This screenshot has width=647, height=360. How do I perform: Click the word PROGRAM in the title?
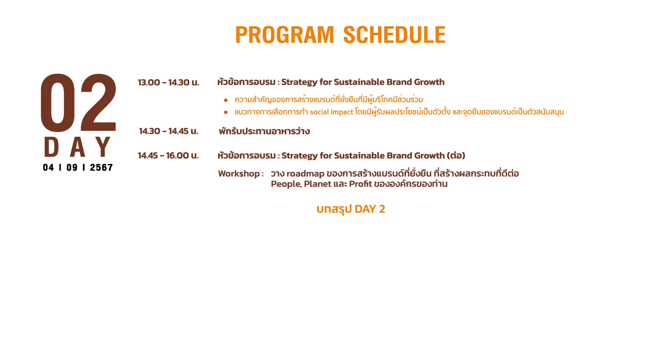click(285, 35)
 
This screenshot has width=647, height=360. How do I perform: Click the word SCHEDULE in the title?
click(394, 35)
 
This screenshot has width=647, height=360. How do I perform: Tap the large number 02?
click(78, 103)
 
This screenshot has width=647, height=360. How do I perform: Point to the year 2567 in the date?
click(101, 167)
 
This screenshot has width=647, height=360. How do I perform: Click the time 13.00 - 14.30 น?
click(168, 82)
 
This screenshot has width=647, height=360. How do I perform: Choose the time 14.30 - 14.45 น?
click(168, 131)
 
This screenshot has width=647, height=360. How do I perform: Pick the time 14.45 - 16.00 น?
click(168, 155)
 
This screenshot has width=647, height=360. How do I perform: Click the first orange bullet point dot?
click(226, 100)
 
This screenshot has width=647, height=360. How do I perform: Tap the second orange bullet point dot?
click(226, 112)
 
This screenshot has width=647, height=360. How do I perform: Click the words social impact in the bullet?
click(331, 112)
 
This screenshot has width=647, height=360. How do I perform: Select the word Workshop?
click(239, 174)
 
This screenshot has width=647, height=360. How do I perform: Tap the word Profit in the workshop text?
click(360, 184)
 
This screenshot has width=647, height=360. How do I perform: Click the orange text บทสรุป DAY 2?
click(351, 209)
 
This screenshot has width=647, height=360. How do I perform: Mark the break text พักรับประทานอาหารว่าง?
click(264, 131)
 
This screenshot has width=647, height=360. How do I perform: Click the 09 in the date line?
click(72, 167)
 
